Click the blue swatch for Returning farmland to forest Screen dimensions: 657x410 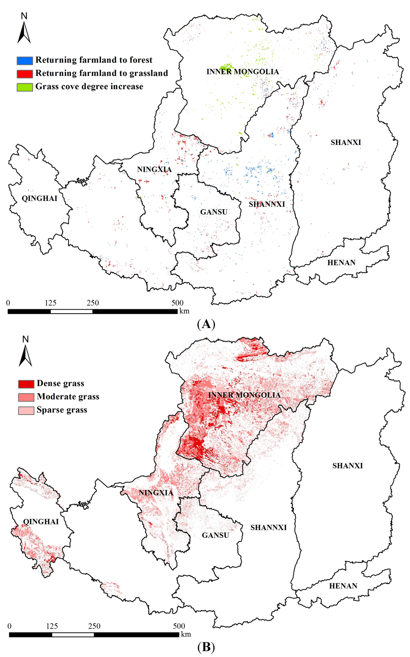[x=25, y=60]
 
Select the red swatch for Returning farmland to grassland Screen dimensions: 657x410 [x=25, y=74]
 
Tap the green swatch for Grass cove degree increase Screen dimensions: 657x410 [x=25, y=87]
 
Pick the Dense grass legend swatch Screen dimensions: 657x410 [x=26, y=384]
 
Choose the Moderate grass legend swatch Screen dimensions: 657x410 [x=26, y=397]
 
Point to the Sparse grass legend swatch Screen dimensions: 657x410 [x=26, y=410]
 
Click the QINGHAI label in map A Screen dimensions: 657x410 [x=39, y=198]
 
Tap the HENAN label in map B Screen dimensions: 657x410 [x=343, y=586]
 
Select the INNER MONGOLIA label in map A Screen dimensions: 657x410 [x=243, y=72]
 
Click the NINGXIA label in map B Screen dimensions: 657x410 [x=156, y=493]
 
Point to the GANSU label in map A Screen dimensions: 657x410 [x=214, y=212]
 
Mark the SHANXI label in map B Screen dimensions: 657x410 [x=348, y=466]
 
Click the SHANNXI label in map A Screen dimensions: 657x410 [x=267, y=204]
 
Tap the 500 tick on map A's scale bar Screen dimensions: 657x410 [x=177, y=303]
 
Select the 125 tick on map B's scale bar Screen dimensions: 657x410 [x=52, y=626]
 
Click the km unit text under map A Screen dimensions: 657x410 [x=184, y=311]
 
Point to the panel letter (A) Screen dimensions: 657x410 [x=206, y=324]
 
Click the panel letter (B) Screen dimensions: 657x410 [x=206, y=647]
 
